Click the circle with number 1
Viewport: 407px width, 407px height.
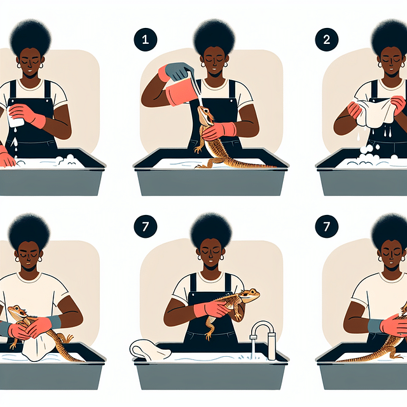coord(146,39)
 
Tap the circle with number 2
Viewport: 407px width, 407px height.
coord(326,39)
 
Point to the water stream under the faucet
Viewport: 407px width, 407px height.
coord(253,349)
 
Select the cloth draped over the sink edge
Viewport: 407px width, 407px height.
coord(149,350)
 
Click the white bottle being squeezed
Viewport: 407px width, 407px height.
coord(14,117)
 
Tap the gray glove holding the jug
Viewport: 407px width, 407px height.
coord(179,71)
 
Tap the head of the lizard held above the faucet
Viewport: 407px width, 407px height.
coord(250,294)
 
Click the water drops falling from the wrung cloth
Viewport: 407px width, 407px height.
coord(374,135)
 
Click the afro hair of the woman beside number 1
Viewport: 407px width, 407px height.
coord(214,36)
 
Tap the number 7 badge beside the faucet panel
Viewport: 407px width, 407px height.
coord(146,226)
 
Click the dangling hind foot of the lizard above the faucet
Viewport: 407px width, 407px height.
coord(208,336)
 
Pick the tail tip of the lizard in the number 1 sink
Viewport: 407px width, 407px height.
coord(275,167)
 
